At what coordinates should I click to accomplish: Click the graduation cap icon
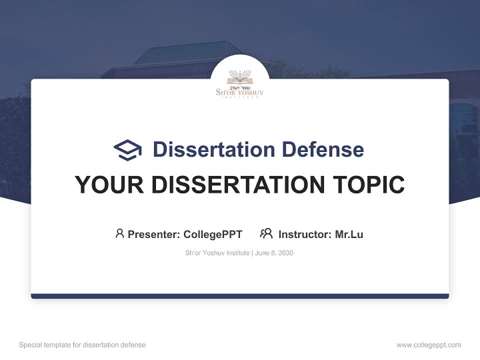pyautogui.click(x=127, y=150)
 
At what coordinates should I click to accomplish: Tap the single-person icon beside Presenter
pyautogui.click(x=119, y=233)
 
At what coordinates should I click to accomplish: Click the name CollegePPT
pyautogui.click(x=212, y=234)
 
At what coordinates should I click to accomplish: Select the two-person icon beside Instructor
pyautogui.click(x=266, y=233)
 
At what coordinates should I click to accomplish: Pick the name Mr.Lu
pyautogui.click(x=349, y=234)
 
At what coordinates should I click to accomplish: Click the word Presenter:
pyautogui.click(x=154, y=234)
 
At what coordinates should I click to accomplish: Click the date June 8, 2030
pyautogui.click(x=274, y=253)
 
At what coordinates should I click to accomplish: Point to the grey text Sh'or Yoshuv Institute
pyautogui.click(x=217, y=253)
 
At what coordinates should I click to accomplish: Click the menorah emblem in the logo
pyautogui.click(x=240, y=77)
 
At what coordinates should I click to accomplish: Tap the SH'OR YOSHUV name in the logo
pyautogui.click(x=239, y=92)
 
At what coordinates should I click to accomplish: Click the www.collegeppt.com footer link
pyautogui.click(x=428, y=345)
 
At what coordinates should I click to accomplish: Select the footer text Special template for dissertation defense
pyautogui.click(x=82, y=345)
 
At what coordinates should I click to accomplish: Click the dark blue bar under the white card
pyautogui.click(x=240, y=296)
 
